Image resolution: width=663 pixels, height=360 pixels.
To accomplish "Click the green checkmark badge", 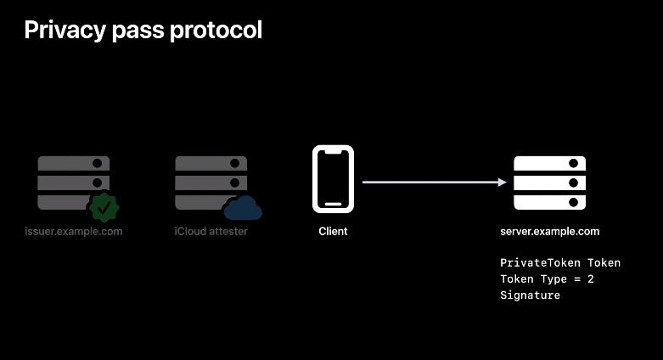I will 104,207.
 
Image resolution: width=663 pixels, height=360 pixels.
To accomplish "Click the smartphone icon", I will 333,178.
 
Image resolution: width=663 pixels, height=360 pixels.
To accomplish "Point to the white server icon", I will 551,183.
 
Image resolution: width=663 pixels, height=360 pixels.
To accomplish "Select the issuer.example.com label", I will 74,231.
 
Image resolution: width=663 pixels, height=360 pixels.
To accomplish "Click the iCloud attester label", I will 211,231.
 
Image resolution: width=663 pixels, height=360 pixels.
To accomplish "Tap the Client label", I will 333,231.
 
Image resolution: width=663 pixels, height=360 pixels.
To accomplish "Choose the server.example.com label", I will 550,231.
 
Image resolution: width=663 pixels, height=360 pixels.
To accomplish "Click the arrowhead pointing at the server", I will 503,182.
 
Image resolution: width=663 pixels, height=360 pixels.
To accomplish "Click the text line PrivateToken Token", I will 560,263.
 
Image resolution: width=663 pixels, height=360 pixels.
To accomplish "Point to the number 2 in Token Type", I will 590,279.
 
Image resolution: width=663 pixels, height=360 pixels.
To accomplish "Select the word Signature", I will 531,295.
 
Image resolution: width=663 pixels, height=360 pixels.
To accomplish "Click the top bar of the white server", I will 551,162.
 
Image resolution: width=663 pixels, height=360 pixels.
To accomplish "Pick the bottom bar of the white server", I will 551,203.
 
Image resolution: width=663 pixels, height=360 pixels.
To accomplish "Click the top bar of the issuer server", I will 74,162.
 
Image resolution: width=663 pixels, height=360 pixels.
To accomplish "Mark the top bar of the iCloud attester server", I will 211,162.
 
